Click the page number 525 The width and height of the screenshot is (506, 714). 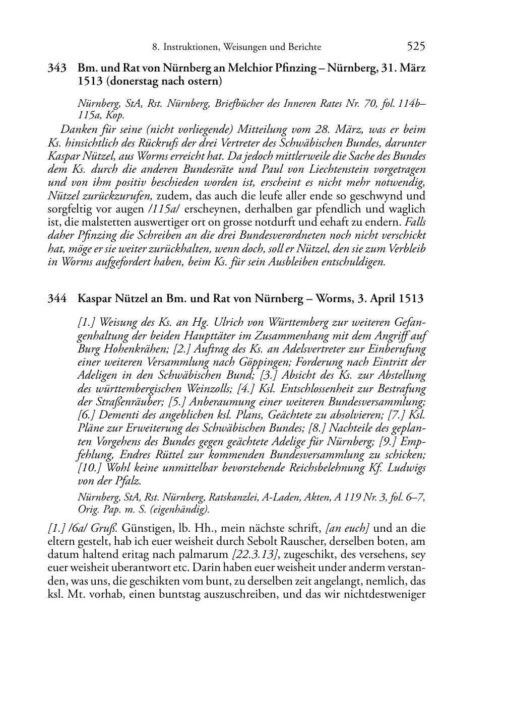[x=416, y=46]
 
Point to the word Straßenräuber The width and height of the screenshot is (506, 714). [x=124, y=402]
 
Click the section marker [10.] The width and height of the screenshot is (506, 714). [x=90, y=468]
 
